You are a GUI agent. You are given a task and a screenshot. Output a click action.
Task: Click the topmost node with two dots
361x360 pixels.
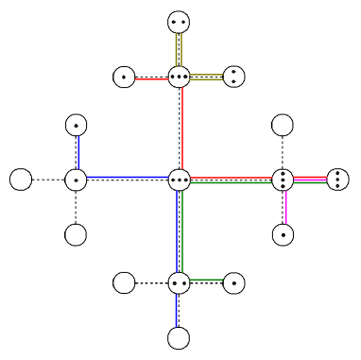coord(179,21)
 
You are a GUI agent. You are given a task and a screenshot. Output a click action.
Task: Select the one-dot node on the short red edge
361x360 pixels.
coord(124,77)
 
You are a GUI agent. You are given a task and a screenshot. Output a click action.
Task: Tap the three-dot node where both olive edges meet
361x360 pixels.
coord(179,77)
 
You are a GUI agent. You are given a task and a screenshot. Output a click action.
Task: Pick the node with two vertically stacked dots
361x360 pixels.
coord(234,77)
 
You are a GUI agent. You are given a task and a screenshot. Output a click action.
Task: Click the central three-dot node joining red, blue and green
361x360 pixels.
coord(179,179)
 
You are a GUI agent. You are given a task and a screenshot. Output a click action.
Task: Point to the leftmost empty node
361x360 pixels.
coord(21,179)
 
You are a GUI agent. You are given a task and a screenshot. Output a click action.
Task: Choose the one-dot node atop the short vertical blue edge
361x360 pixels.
coord(77,124)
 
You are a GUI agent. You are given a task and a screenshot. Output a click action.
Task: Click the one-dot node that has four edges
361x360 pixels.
coord(77,179)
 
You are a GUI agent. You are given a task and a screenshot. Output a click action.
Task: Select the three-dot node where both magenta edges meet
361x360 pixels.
coord(282,179)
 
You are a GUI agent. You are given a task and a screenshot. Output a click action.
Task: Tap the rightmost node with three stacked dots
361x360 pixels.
coord(337,179)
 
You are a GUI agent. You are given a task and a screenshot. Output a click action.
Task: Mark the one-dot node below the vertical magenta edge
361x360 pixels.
coord(282,233)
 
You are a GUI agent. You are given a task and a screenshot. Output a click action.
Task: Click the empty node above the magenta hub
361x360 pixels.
coord(282,124)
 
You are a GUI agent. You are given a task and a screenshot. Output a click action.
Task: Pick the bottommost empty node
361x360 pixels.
coord(179,337)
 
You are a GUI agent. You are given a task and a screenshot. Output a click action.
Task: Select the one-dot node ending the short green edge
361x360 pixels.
coord(234,282)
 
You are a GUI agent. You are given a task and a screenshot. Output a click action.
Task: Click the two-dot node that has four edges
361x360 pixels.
coord(179,282)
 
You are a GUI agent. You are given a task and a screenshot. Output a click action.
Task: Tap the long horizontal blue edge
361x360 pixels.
coord(128,177)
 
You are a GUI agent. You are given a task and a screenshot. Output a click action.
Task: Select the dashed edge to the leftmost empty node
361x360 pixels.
coord(48,179)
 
